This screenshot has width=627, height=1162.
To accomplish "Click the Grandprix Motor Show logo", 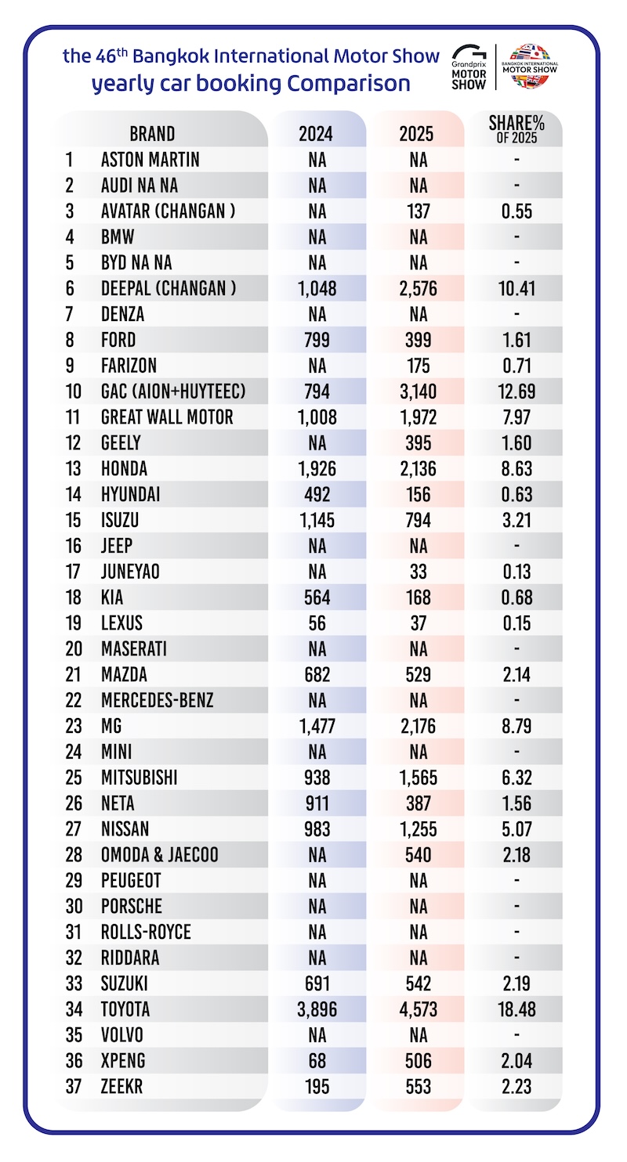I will point(469,67).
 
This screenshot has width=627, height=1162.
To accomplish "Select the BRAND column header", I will point(152,133).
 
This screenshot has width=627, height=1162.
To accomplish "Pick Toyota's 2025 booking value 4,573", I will point(419,1009).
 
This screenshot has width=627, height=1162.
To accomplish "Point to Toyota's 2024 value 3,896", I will point(317,1009).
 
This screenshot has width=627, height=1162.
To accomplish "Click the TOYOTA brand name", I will point(125,1009).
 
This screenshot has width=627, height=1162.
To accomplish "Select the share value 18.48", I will point(516,1009).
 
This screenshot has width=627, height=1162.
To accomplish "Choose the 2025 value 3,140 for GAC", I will point(419,391).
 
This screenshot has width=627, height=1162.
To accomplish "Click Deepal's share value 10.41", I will point(516,288).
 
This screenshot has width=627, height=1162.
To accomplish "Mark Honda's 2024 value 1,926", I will point(317,468).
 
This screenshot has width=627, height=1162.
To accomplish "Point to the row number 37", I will point(71,1086).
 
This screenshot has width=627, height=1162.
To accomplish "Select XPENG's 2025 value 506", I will point(419,1060).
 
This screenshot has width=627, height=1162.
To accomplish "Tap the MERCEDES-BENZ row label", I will point(157,700).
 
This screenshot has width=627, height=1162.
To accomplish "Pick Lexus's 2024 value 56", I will point(317,622).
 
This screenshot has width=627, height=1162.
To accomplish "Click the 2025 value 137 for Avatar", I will point(419,211).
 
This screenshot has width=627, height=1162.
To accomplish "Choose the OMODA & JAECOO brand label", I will point(160,854).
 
